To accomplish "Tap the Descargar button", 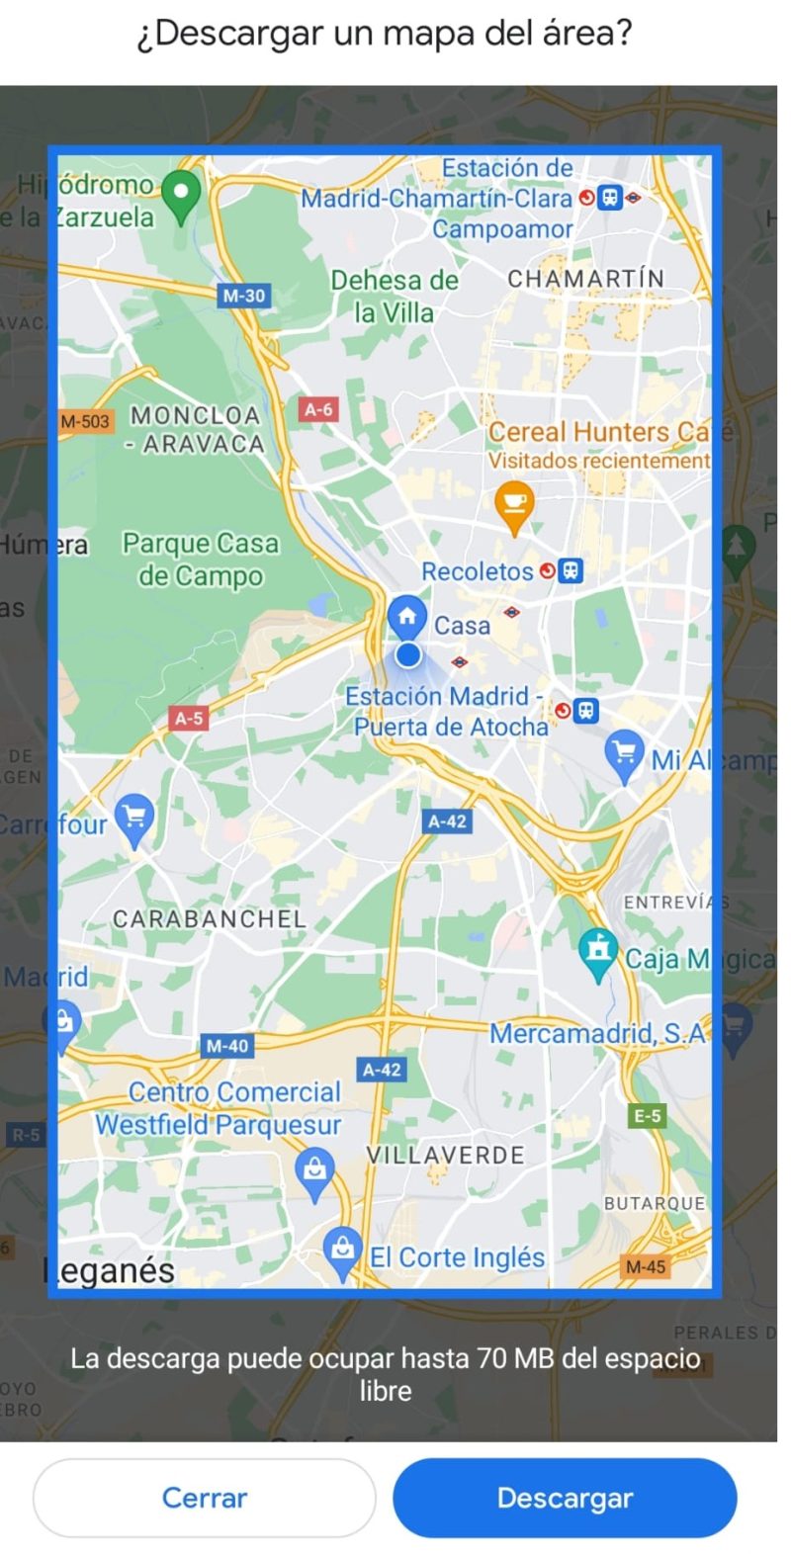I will [565, 1497].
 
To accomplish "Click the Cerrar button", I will [205, 1497].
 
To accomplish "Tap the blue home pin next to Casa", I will [406, 617].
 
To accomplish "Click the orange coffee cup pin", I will [513, 504].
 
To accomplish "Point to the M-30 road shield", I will [243, 295].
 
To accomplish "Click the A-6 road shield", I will [318, 408].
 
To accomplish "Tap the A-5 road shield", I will [189, 718].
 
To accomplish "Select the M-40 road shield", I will [227, 1045].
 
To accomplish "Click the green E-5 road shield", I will [648, 1116].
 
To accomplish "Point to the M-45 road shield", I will [646, 1266].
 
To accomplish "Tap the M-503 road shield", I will [85, 421].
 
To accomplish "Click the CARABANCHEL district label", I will [210, 918].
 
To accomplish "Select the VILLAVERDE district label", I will [445, 1155].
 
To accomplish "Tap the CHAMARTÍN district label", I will [585, 279].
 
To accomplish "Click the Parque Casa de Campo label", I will [201, 560].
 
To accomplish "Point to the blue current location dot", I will [407, 654].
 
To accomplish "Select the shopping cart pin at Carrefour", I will [134, 818].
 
